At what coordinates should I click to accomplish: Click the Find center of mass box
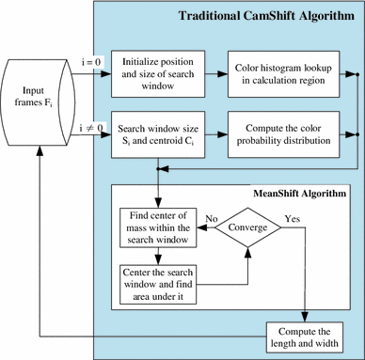tap(158, 227)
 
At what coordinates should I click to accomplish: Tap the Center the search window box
tap(158, 279)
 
